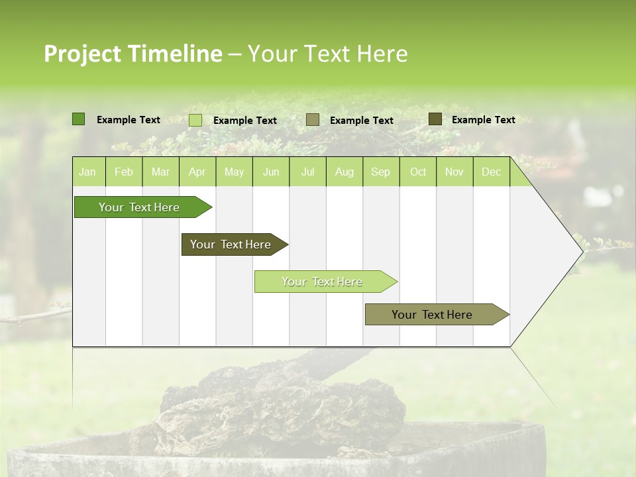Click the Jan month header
88,172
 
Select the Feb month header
124,172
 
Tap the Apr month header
197,172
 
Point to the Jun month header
271,172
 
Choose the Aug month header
344,172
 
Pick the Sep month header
380,172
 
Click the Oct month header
418,172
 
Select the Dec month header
491,172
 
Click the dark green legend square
79,119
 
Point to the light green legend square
195,120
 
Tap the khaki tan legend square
313,120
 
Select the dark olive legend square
435,119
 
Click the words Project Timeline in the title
132,54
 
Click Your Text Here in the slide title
327,54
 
